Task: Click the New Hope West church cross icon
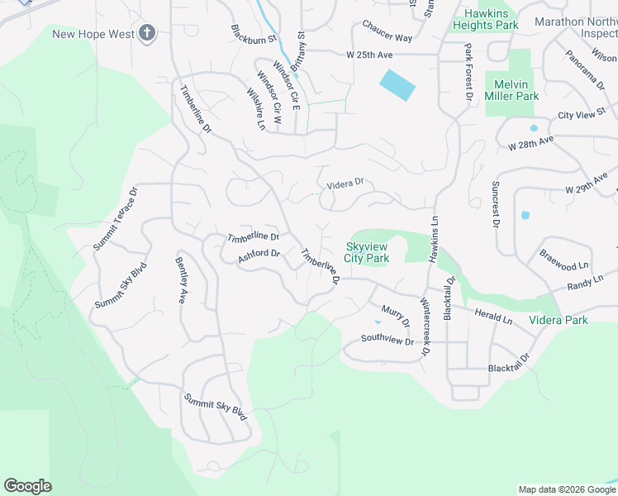click(147, 33)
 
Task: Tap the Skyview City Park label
click(367, 253)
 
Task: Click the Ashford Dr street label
click(259, 257)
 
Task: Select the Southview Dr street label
click(387, 339)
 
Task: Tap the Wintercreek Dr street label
click(425, 327)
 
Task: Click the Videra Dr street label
click(345, 184)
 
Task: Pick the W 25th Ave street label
click(368, 55)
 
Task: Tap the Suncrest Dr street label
click(496, 203)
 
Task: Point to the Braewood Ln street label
click(564, 260)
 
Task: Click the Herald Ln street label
click(493, 315)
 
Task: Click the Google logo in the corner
click(27, 486)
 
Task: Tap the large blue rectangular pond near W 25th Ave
click(397, 84)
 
